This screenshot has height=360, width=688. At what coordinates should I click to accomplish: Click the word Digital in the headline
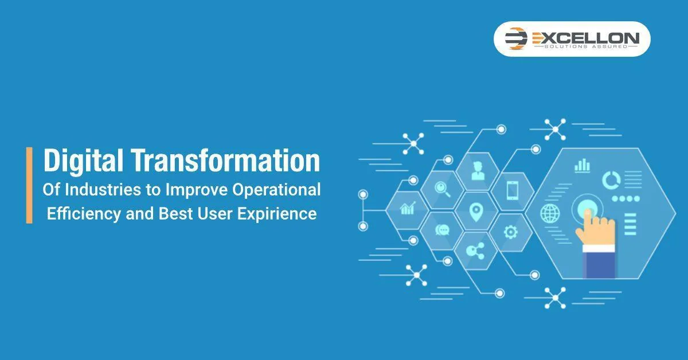coord(83,161)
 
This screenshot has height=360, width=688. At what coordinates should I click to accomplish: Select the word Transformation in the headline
coord(226,161)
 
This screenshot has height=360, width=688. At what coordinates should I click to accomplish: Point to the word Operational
coord(276,190)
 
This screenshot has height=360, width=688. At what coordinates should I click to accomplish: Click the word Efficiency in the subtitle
coord(84,214)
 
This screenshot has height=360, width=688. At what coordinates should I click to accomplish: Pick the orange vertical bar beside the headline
coord(29,185)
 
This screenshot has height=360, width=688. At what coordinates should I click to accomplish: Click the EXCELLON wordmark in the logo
coord(586,38)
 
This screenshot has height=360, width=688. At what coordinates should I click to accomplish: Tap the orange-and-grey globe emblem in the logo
coord(515,38)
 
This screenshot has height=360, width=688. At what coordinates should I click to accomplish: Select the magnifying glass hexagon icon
coord(442,189)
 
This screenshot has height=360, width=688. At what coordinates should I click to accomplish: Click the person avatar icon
coord(478,171)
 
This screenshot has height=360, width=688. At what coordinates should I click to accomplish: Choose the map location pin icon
coord(476,212)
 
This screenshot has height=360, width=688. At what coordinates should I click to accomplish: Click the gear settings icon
coord(511,232)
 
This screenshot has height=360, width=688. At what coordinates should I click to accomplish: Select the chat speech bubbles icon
coord(442,230)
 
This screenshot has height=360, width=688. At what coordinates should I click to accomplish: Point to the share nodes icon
coord(475,251)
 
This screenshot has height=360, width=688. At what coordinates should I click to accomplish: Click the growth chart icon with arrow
coord(408,208)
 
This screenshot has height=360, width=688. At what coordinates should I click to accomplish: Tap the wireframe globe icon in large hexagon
coord(550,213)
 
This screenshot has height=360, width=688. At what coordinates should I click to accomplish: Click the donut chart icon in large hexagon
coord(611,180)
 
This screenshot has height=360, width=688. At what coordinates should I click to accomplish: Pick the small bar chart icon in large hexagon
coord(582,166)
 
